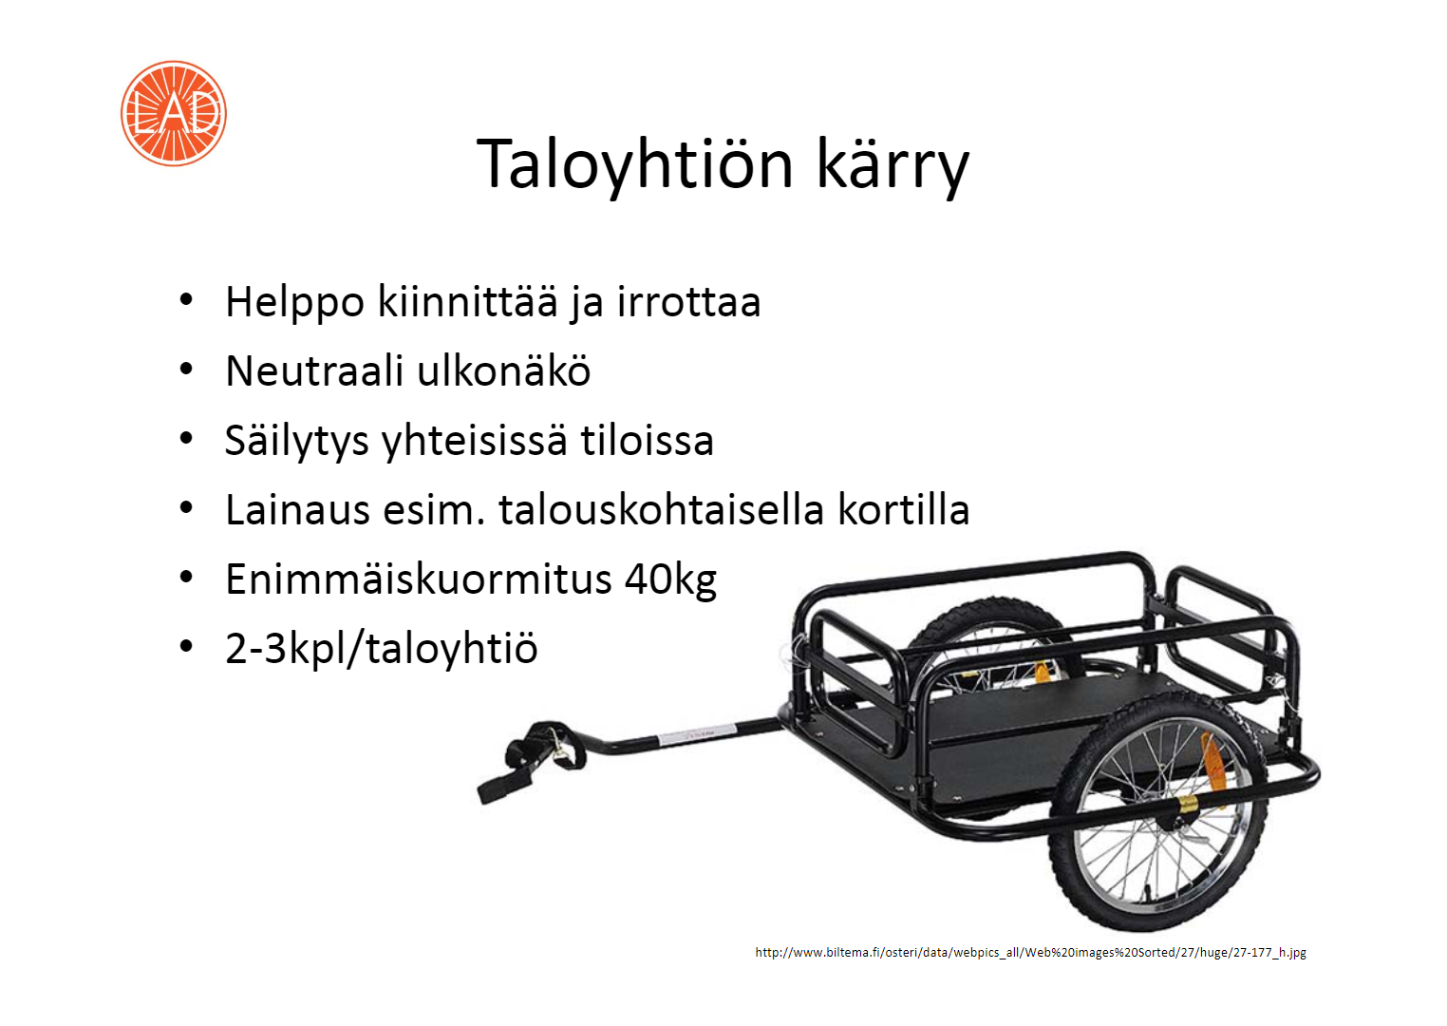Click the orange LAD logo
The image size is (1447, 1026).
[173, 114]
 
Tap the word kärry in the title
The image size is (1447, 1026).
[893, 166]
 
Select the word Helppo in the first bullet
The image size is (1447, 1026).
[294, 302]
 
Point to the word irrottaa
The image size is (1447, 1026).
[688, 302]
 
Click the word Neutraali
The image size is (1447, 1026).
[314, 371]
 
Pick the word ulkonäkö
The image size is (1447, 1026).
[504, 370]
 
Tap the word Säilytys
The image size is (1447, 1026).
[296, 441]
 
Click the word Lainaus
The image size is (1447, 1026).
[298, 510]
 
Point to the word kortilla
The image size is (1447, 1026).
[904, 509]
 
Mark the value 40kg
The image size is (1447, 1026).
[670, 579]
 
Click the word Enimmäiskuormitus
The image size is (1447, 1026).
[419, 579]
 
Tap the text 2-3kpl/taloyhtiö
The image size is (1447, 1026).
[381, 648]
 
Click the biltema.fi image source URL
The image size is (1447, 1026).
[1030, 952]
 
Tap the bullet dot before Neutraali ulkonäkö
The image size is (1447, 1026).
[187, 370]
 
